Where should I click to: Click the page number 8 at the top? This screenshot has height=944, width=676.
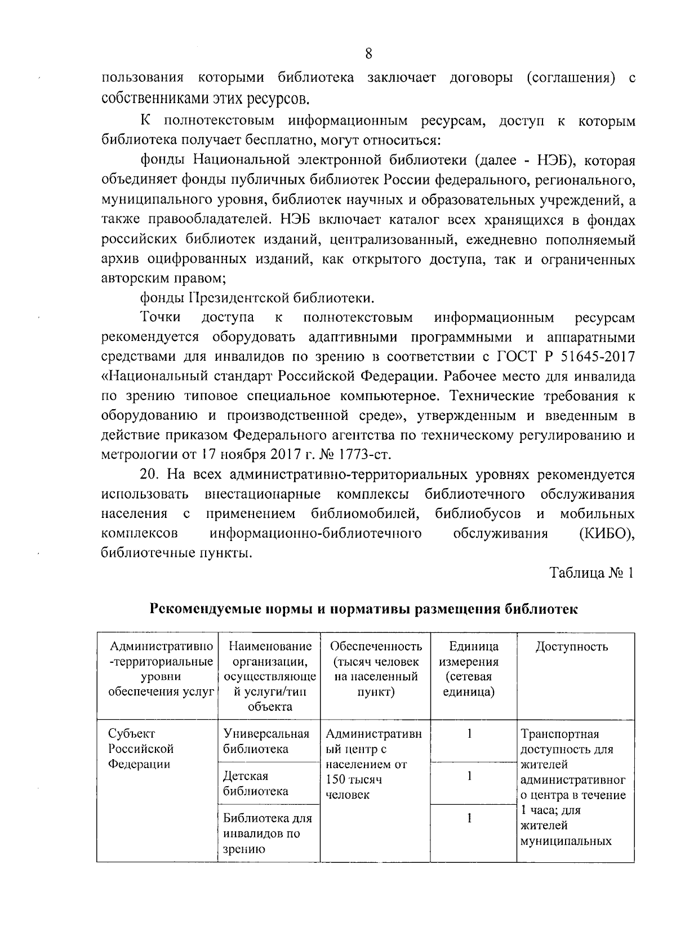(368, 54)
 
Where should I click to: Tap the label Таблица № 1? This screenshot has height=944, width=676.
(591, 573)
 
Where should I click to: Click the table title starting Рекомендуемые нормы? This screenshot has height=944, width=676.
(364, 609)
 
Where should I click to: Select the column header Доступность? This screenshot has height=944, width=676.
(571, 646)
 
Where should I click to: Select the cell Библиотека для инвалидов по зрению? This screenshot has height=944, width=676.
(267, 833)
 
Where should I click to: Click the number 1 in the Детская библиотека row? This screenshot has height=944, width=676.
(469, 776)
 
